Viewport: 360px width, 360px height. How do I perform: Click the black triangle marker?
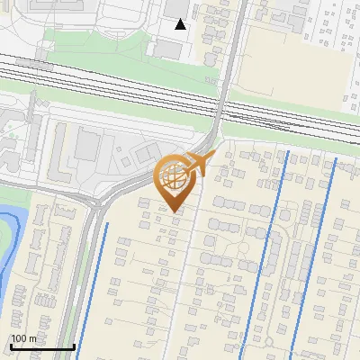[181, 23]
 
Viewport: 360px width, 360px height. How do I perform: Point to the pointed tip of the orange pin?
[175, 211]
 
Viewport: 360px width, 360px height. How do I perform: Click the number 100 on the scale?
[20, 338]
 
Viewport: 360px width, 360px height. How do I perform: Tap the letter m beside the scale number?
[32, 338]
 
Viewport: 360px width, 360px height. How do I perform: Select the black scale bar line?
[41, 346]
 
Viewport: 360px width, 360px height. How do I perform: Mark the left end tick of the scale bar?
[11, 345]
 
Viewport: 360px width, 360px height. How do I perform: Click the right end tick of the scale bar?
[73, 345]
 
